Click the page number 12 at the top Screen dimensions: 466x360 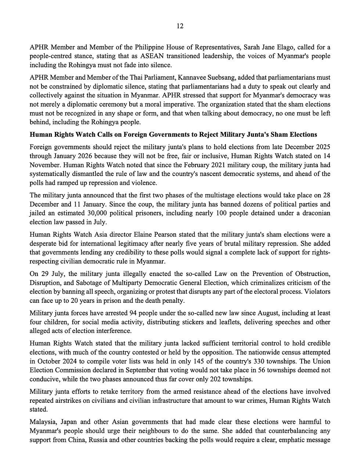[180, 26]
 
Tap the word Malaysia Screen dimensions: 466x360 [43, 422]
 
